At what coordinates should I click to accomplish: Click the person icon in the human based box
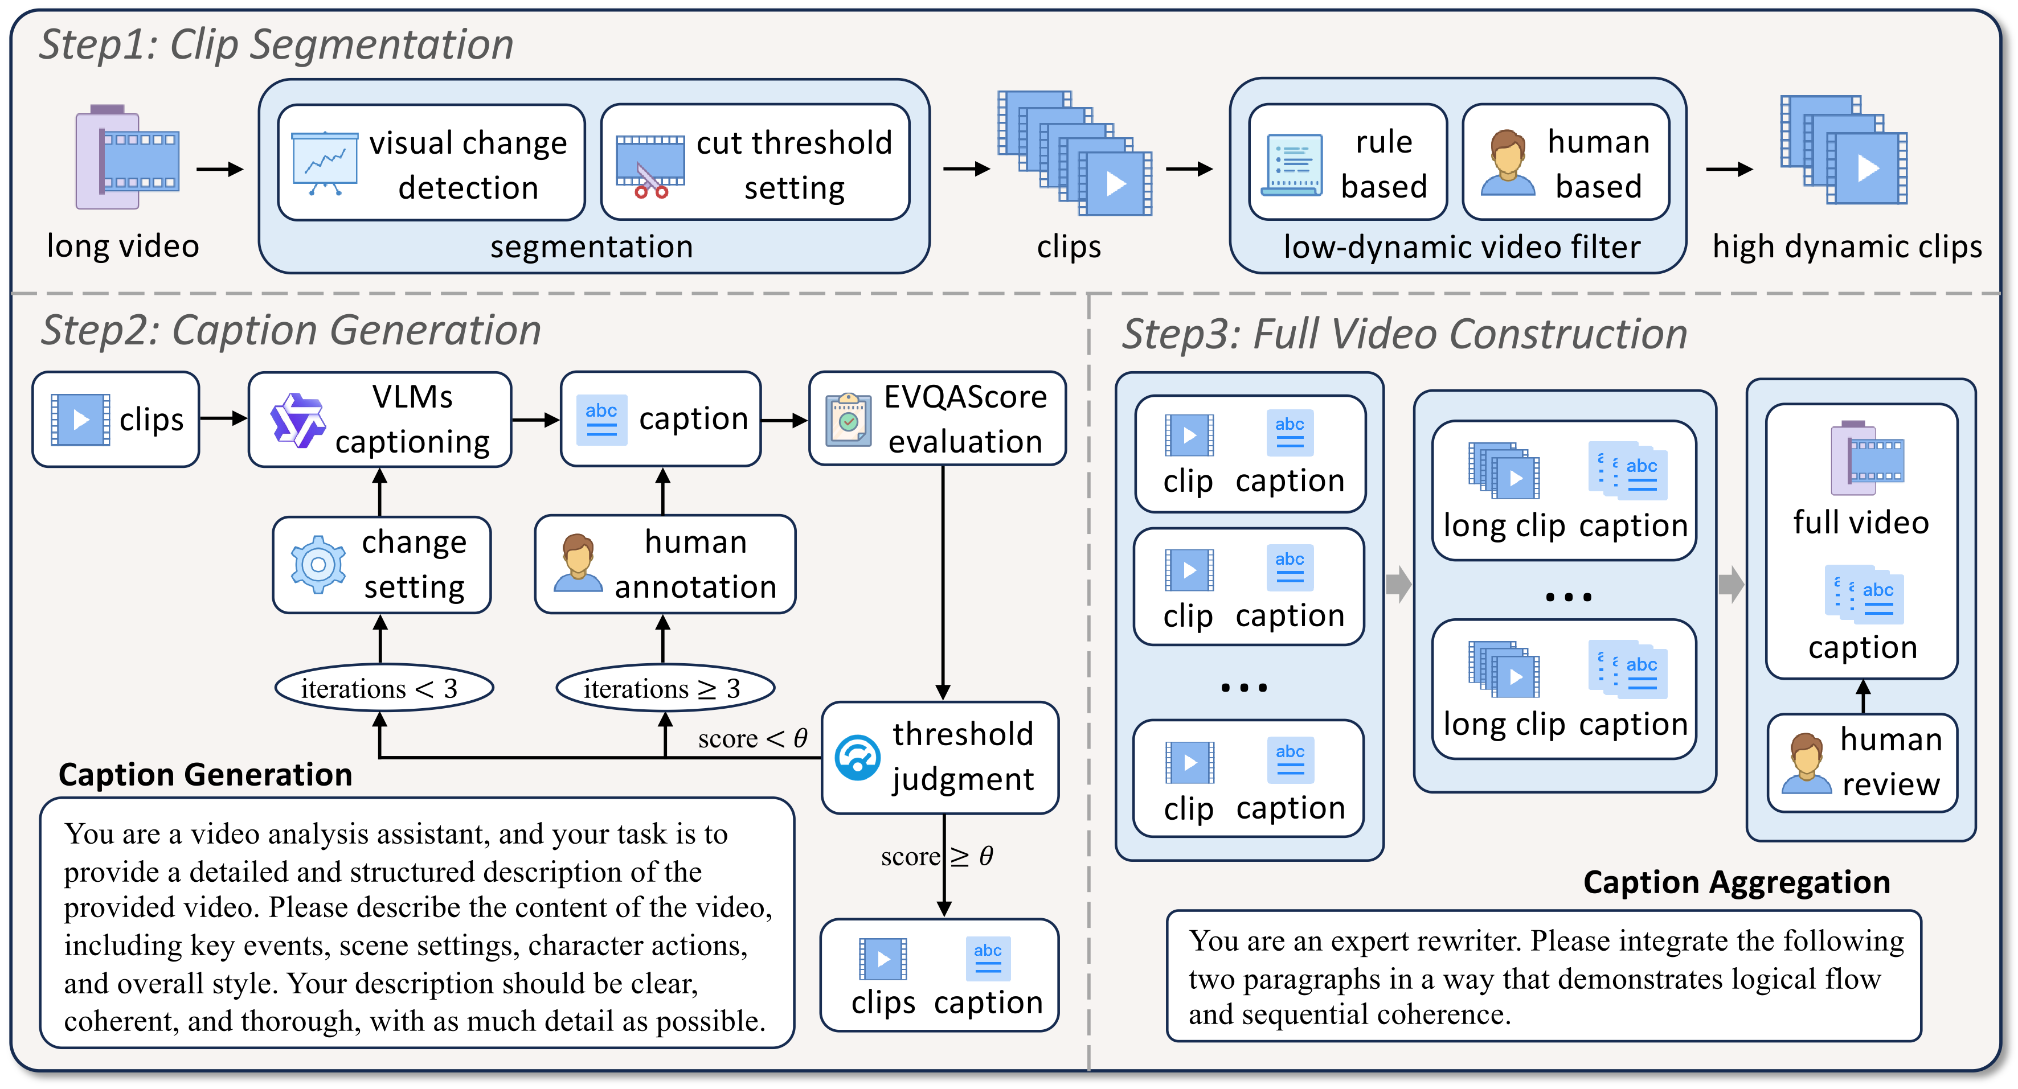(1507, 163)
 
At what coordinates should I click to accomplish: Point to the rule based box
(1346, 163)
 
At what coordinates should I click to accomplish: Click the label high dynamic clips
(1847, 246)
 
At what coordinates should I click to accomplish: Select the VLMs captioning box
(380, 420)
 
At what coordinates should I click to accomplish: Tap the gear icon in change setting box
(317, 565)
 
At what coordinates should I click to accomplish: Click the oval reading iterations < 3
(384, 688)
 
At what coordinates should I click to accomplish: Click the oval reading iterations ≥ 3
(665, 688)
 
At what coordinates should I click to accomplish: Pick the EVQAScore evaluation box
(937, 420)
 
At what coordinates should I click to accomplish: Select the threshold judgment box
(939, 757)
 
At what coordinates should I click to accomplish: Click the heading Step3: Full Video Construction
(1404, 334)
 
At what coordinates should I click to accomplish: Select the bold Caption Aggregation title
(1736, 882)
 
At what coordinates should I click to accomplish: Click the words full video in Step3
(1861, 522)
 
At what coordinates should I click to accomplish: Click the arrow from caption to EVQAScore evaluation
(784, 421)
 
